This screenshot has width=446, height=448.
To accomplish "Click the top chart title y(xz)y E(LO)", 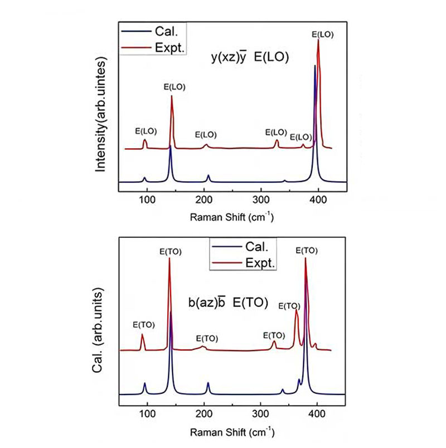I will point(249,57).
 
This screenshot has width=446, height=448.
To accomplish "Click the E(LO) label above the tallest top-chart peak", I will point(322,35).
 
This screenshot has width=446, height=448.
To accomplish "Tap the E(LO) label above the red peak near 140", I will point(174,87).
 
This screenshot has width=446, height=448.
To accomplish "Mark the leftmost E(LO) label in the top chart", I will point(146,132).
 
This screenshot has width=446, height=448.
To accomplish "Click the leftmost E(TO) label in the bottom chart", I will point(143,325).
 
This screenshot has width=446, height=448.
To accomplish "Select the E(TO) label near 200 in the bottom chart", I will point(207,339).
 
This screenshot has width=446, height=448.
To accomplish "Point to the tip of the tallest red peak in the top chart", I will point(318,40).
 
